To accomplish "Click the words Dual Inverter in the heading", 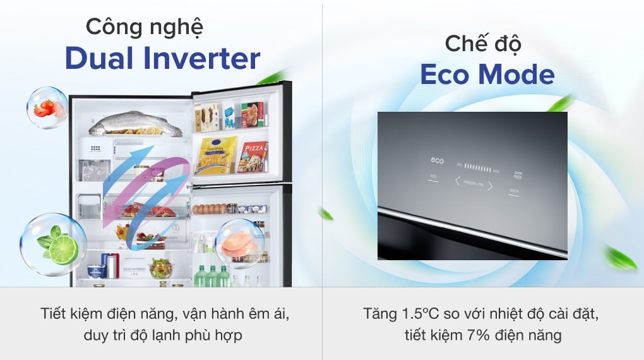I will pyautogui.click(x=162, y=59).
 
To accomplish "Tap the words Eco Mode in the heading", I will pyautogui.click(x=487, y=75).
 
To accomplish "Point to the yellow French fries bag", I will pyautogui.click(x=216, y=155).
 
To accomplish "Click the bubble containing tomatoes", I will pyautogui.click(x=47, y=108).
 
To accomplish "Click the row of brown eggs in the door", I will pyautogui.click(x=209, y=208).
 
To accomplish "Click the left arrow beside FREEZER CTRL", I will pyautogui.click(x=458, y=181).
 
